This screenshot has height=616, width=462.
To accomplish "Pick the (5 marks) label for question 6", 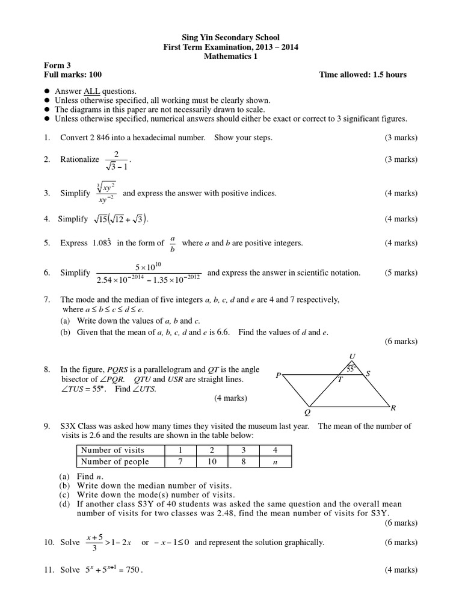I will (401, 273).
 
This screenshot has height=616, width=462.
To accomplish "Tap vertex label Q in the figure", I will (307, 413).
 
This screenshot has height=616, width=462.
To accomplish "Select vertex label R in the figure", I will (393, 408).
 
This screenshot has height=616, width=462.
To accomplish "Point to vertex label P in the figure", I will (278, 375).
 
